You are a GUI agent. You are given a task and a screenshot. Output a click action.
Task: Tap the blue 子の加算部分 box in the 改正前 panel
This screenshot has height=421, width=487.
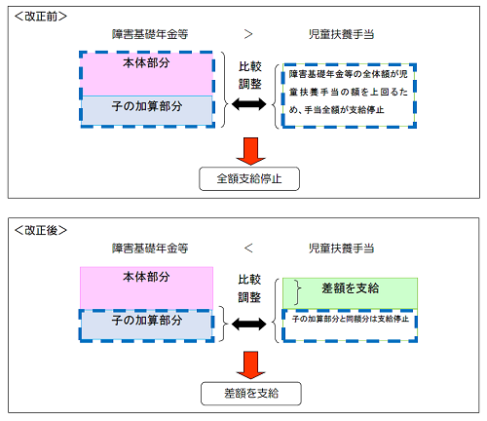click(x=146, y=110)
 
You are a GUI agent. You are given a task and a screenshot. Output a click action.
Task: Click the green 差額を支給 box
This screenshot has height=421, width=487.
click(x=349, y=290)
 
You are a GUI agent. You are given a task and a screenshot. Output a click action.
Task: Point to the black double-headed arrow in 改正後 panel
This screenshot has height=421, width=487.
click(x=247, y=320)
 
